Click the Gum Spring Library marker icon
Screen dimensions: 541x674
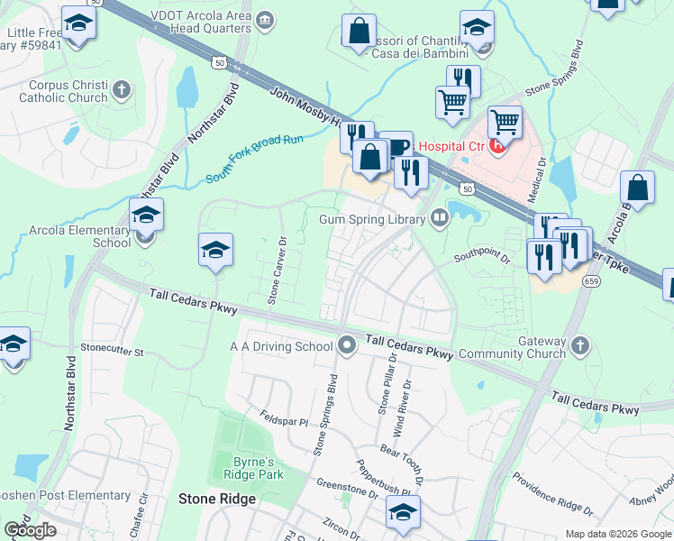[439, 218]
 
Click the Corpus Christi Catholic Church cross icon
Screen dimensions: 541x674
[121, 90]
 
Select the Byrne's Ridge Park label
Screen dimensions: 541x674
[247, 467]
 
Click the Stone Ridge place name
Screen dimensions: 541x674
[217, 498]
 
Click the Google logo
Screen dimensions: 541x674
[30, 530]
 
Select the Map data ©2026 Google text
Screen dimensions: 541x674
[618, 534]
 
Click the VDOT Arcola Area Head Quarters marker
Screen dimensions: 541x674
[265, 20]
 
